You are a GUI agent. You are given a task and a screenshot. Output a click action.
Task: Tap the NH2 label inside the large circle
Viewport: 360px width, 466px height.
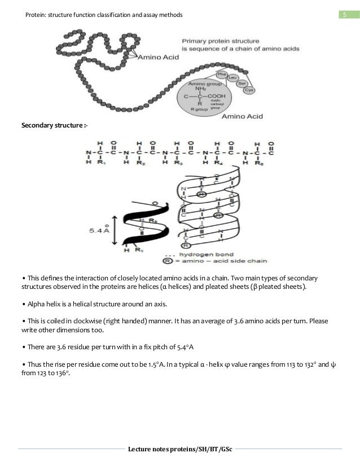click(199, 89)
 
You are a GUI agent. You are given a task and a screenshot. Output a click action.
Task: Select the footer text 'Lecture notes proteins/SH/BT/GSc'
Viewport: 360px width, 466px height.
click(179, 450)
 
